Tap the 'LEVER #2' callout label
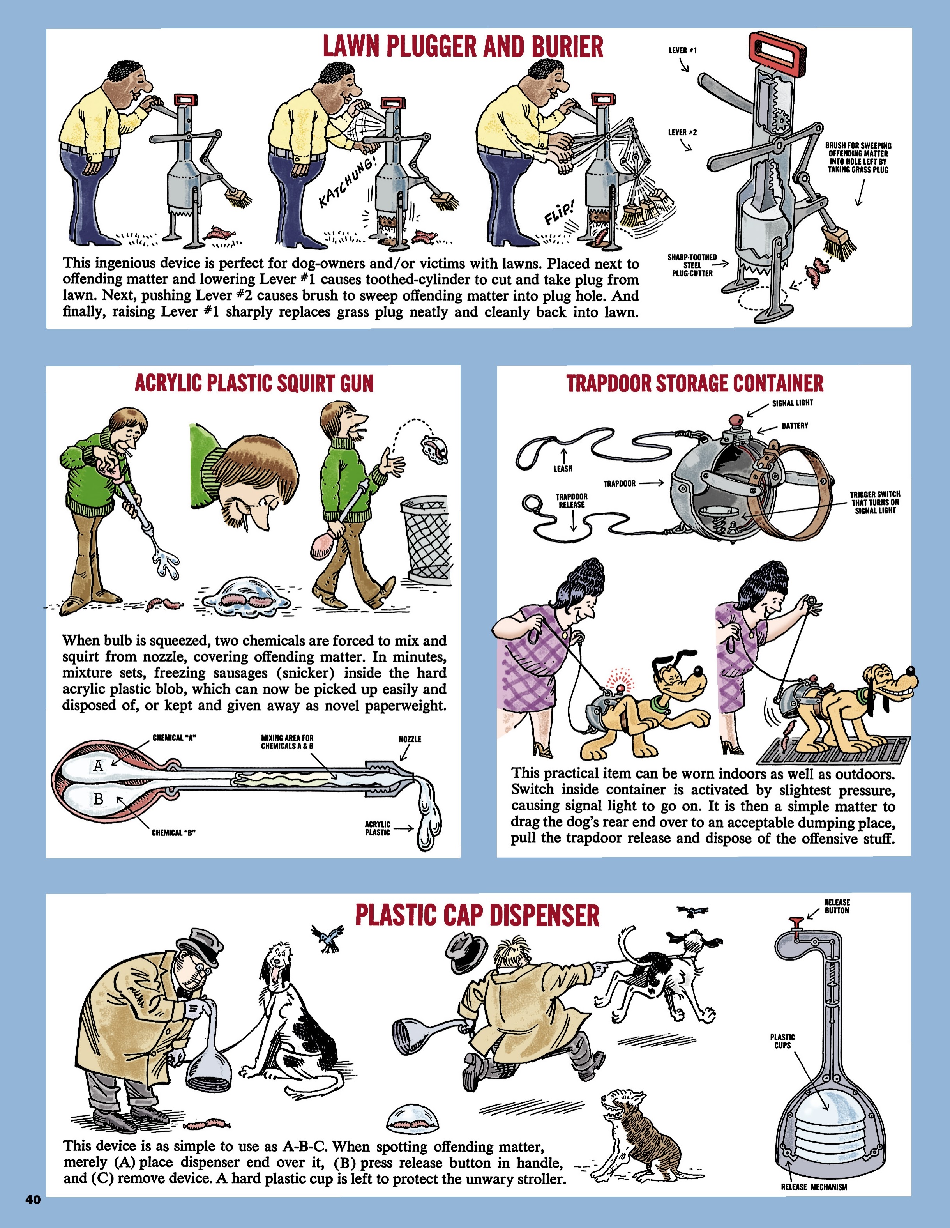(x=682, y=133)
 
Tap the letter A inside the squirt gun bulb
(x=98, y=765)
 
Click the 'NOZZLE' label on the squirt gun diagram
(x=410, y=739)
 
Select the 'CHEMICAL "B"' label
(x=173, y=833)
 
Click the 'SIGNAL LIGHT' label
(x=792, y=403)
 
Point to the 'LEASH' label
(x=563, y=468)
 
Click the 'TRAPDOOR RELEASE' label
(x=571, y=501)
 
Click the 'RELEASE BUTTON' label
(x=837, y=906)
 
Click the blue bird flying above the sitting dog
(x=328, y=937)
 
